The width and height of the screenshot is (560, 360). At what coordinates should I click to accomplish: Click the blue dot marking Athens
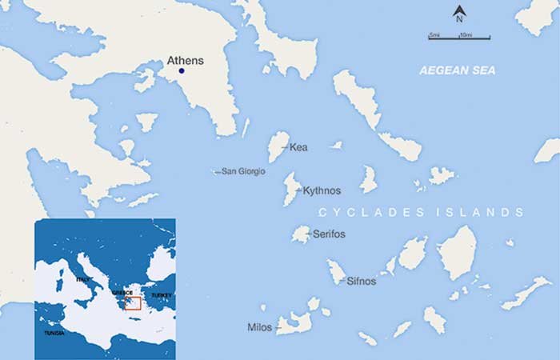point(182,72)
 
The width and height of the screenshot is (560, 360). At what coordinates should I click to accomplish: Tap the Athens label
point(185,60)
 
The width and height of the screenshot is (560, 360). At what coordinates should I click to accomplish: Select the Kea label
point(298,147)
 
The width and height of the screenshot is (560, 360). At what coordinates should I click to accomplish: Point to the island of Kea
point(278,146)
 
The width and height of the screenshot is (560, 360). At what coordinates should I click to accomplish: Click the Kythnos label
point(322,190)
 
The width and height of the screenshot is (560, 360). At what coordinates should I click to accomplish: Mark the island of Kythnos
point(290,190)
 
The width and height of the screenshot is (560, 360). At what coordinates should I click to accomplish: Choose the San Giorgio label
point(243,171)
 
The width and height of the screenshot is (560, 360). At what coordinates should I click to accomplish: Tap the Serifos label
point(329,234)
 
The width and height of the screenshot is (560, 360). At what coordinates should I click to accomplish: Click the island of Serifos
point(301,234)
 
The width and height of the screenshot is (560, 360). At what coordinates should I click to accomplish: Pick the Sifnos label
point(361,281)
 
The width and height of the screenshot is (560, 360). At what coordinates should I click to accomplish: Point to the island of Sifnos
point(336,272)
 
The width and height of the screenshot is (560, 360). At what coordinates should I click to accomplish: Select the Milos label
point(260,327)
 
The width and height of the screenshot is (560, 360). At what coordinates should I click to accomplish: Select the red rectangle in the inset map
point(133,302)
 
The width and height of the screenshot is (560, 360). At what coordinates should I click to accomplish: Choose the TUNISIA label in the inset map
point(55,332)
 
